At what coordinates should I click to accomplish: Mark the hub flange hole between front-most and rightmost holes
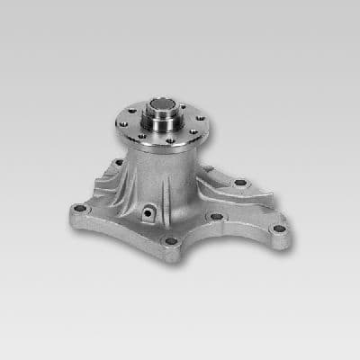coord(193,135)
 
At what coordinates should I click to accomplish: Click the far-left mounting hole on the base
coord(80,209)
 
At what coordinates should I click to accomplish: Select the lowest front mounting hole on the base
coord(171,241)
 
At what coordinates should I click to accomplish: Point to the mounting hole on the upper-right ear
coord(240,183)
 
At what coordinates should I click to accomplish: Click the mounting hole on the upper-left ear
coord(119,163)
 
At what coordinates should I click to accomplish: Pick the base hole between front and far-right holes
coord(216,217)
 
